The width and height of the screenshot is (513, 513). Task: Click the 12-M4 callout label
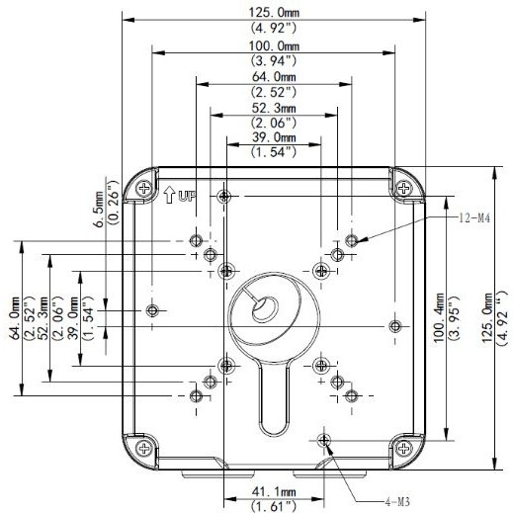[x=474, y=217]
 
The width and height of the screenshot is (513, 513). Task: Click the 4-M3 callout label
[x=397, y=502]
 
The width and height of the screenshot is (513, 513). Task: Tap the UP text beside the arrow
[x=187, y=197]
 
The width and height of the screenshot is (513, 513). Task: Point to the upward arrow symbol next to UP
[x=169, y=195]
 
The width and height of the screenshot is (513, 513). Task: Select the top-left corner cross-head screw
[x=144, y=189]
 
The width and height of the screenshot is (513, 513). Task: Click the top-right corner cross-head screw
[x=403, y=188]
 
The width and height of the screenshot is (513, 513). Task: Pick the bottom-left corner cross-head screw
[x=144, y=448]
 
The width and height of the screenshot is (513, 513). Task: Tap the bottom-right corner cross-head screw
[x=403, y=448]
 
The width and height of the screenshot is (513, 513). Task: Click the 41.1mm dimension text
[x=274, y=492]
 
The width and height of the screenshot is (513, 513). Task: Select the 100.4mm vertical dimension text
[x=439, y=317]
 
